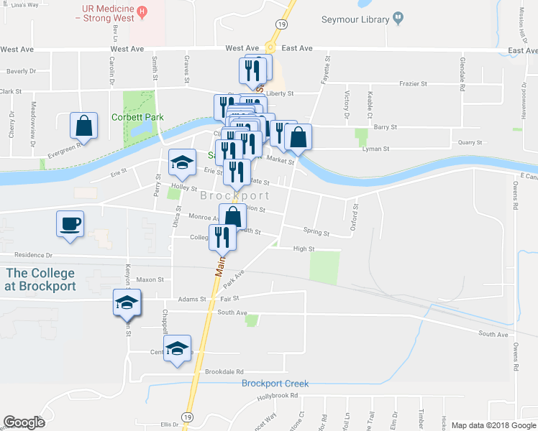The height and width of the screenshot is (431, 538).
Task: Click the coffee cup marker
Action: pos(70,223)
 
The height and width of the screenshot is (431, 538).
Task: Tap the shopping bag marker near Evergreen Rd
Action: pos(83,126)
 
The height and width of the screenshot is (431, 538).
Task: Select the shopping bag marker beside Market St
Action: pos(298,136)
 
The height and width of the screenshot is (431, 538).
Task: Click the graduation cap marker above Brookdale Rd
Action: pos(177,349)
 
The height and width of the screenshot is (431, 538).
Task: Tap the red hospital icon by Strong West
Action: pos(142,11)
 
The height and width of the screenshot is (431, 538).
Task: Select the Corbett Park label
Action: pos(137,117)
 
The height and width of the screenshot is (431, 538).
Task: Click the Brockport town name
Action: pos(235,195)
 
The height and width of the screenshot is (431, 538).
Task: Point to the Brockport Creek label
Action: pos(275,384)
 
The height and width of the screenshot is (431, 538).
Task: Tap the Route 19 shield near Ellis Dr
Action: pos(187,417)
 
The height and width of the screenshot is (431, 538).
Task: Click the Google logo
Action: pos(24,422)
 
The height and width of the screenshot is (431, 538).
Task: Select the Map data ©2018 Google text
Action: pos(493,425)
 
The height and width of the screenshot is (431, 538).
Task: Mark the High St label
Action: pos(304,249)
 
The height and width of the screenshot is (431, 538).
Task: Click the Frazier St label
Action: pos(414,84)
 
